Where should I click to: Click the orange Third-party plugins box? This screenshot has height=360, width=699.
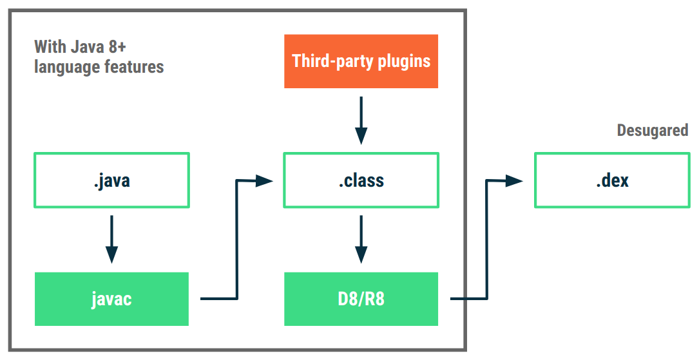pyautogui.click(x=361, y=61)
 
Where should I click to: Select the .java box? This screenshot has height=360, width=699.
pyautogui.click(x=111, y=180)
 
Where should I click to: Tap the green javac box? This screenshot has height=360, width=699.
pyautogui.click(x=111, y=299)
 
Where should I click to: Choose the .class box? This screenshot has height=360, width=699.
pyautogui.click(x=361, y=180)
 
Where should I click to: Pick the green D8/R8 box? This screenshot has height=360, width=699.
pyautogui.click(x=361, y=299)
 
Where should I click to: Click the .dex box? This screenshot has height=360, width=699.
pyautogui.click(x=612, y=180)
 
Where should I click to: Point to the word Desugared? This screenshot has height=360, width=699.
pyautogui.click(x=652, y=131)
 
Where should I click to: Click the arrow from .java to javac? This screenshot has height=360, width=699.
pyautogui.click(x=111, y=238)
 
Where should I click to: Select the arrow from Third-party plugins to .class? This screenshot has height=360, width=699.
pyautogui.click(x=361, y=120)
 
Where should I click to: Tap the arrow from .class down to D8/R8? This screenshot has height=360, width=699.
pyautogui.click(x=361, y=238)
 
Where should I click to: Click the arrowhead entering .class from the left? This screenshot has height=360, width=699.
pyautogui.click(x=264, y=181)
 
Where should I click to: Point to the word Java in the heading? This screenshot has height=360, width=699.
pyautogui.click(x=88, y=47)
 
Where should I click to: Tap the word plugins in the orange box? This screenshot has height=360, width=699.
pyautogui.click(x=405, y=61)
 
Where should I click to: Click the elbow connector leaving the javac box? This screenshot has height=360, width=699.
pyautogui.click(x=238, y=258)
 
